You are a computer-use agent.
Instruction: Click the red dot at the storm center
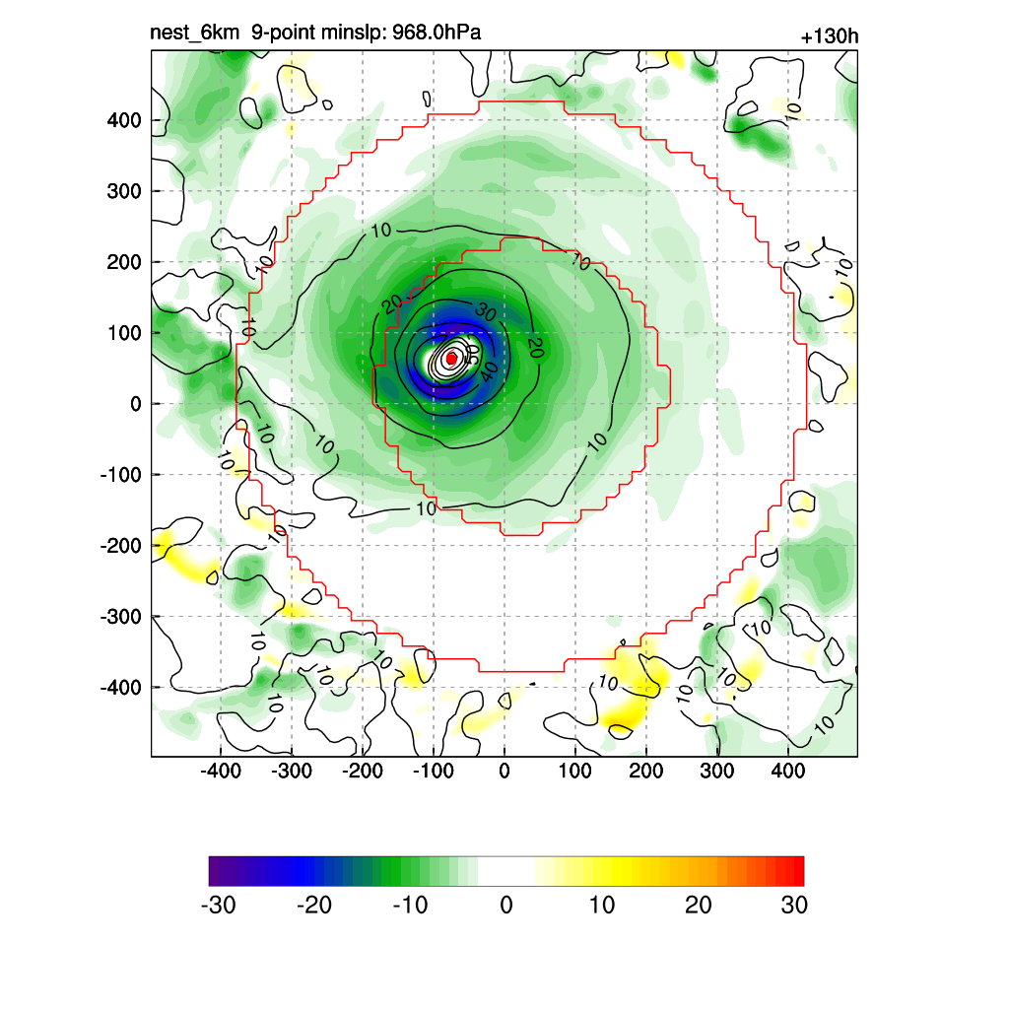[451, 359]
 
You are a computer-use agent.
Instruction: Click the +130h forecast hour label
[830, 37]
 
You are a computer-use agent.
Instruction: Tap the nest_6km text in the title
[194, 34]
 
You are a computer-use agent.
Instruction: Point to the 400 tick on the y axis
[124, 120]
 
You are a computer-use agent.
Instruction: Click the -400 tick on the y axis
[121, 687]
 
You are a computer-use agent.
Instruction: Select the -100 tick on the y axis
[121, 475]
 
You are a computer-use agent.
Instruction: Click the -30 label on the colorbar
[218, 905]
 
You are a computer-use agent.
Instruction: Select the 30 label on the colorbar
[794, 905]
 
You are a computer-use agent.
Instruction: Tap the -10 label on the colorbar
[410, 905]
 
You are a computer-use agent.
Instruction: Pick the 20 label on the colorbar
[698, 905]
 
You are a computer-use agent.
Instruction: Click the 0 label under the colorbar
[506, 905]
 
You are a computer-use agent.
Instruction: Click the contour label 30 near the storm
[485, 312]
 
